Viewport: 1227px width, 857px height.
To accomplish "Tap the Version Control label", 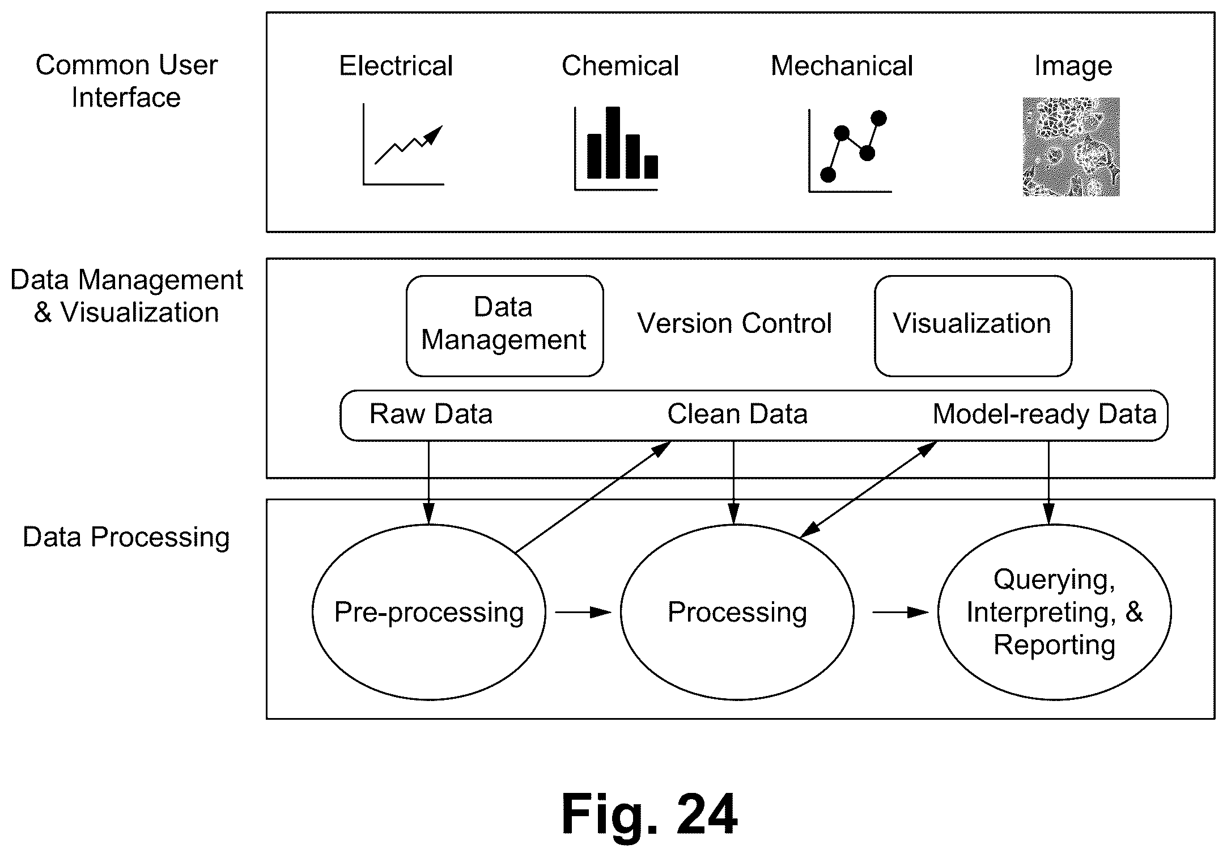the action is click(x=734, y=323).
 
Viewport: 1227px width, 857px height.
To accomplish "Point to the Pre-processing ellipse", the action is click(x=313, y=611).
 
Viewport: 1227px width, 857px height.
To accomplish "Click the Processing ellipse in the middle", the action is click(x=621, y=611).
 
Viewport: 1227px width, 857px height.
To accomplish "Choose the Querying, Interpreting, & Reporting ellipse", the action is click(x=939, y=611).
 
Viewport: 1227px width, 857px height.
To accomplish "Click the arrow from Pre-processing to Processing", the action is click(x=583, y=613).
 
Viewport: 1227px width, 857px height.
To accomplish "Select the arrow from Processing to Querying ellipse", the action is click(x=901, y=613).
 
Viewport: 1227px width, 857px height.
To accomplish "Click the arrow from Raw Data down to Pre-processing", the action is click(x=429, y=482).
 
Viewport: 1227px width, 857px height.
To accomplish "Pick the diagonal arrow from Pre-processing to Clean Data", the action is click(x=593, y=497).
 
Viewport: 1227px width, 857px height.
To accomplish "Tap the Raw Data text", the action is click(x=431, y=414).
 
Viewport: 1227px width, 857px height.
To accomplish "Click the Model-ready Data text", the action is click(x=1044, y=414).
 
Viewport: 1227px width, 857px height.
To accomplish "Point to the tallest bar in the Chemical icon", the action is click(x=613, y=142).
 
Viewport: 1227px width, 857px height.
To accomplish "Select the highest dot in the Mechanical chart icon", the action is click(x=879, y=118).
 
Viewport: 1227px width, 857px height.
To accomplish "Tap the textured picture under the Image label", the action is click(x=1071, y=147).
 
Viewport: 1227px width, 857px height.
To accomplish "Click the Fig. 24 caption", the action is click(x=649, y=814).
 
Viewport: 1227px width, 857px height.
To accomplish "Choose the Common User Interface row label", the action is click(x=126, y=81).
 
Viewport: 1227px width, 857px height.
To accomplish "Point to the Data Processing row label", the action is click(x=126, y=537).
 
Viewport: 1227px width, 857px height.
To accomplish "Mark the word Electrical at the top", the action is click(x=396, y=66).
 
